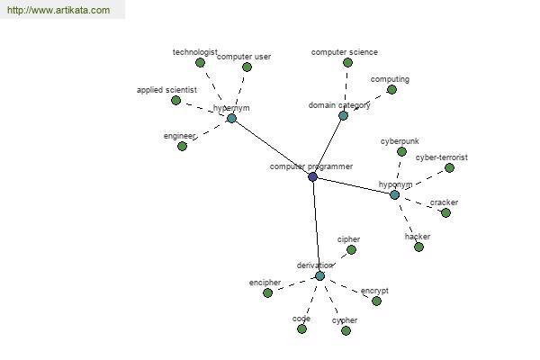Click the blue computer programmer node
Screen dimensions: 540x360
[x=312, y=176]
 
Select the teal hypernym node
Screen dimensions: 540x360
[x=232, y=119]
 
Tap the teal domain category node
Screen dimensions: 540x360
[x=343, y=115]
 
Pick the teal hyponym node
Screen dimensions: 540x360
[x=395, y=195]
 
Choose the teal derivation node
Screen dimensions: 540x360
[x=319, y=276]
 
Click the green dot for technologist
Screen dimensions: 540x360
[x=200, y=63]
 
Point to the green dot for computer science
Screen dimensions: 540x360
[x=347, y=63]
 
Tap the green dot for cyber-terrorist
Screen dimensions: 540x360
[x=449, y=167]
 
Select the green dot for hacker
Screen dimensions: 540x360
[x=418, y=247]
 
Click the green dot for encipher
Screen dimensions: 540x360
[x=267, y=292]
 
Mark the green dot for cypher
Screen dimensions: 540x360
[x=346, y=330]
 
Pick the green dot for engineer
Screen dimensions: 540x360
[x=182, y=147]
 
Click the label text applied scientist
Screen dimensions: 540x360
[x=166, y=90]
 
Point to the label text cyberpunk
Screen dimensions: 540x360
[x=400, y=141]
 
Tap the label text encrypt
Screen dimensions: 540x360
[x=374, y=291]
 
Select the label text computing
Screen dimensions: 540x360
[x=390, y=79]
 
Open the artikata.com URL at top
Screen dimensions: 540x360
[x=58, y=10]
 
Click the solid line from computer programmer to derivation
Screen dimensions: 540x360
[x=317, y=226]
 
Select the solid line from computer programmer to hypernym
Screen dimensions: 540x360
[x=272, y=148]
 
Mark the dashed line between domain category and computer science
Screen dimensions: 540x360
[x=346, y=89]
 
